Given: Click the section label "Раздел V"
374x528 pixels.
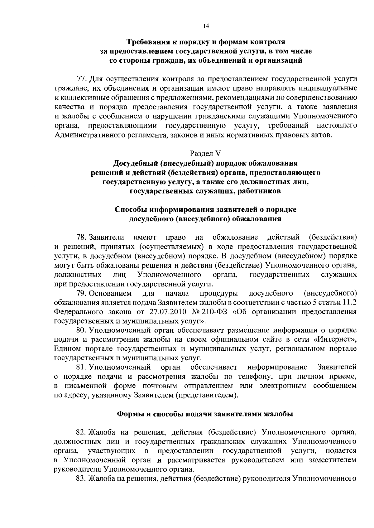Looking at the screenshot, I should [x=205, y=153].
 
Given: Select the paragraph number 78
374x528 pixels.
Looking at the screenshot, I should [x=81, y=238].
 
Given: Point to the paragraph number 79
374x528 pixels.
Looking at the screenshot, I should [x=81, y=293].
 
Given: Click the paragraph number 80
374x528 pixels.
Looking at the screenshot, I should [x=81, y=330].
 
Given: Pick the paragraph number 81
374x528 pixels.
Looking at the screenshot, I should [x=81, y=367].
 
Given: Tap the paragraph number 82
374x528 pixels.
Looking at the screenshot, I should [x=81, y=432].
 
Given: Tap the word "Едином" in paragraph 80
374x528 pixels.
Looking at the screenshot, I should [x=67, y=348].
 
